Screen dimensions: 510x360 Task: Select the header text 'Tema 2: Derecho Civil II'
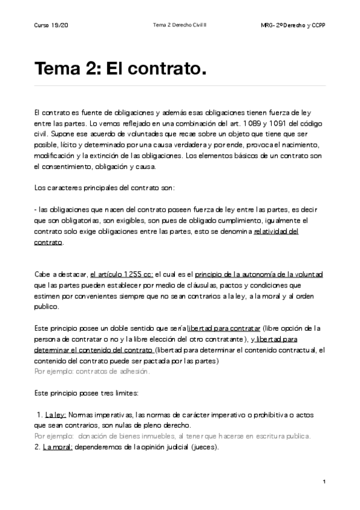pyautogui.click(x=180, y=25)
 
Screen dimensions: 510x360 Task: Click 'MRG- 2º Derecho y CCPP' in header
pyautogui.click(x=294, y=25)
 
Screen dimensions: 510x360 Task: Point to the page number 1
pyautogui.click(x=324, y=482)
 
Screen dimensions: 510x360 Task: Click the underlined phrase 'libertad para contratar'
pyautogui.click(x=224, y=328)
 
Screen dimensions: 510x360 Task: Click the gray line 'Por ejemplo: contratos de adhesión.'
pyautogui.click(x=91, y=371)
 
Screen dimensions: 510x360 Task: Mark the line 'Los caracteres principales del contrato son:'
pyautogui.click(x=105, y=188)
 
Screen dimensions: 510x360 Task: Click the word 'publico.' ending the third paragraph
pyautogui.click(x=47, y=307)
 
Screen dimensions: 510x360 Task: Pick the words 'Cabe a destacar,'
pyautogui.click(x=61, y=274)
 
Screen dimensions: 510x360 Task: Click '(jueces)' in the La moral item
pyautogui.click(x=200, y=447)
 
